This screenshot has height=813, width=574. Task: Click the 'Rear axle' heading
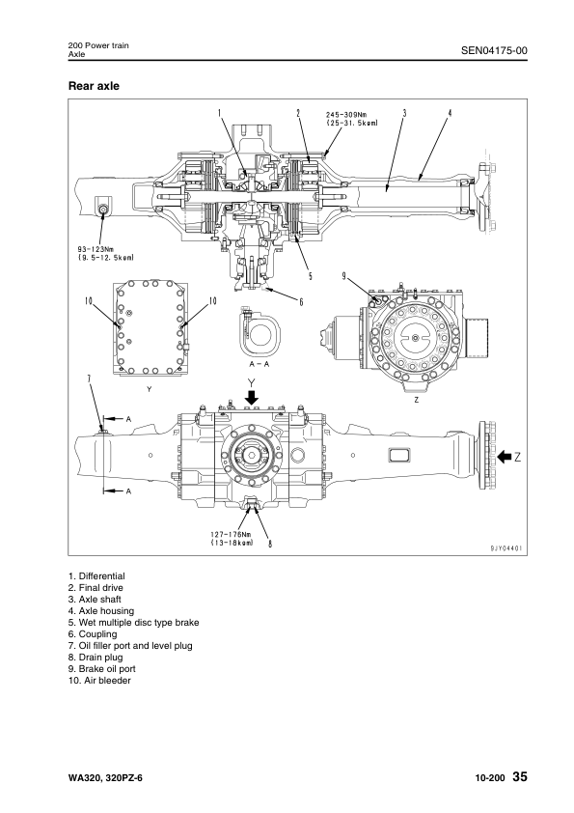tap(94, 86)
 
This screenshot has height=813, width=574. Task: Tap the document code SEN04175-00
tap(494, 50)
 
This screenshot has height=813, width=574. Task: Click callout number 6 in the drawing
tap(301, 301)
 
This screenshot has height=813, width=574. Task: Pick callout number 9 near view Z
tap(344, 276)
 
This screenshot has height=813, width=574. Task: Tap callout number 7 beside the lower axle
tap(89, 379)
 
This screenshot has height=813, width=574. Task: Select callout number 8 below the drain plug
tap(270, 544)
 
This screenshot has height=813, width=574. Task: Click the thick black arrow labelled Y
tap(252, 397)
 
